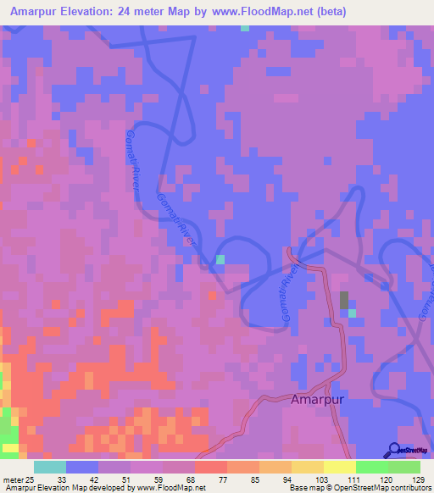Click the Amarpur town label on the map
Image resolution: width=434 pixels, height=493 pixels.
pos(318,398)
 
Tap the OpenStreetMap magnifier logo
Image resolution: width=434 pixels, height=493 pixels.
pos(394,451)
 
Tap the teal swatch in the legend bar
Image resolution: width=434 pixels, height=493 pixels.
pos(50,467)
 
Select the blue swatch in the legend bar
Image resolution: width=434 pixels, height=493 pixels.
pos(82,467)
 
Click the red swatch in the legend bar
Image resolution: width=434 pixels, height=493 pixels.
pos(210,467)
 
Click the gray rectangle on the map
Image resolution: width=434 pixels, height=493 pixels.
pos(344,300)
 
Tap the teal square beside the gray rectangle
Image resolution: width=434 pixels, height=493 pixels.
pos(351,313)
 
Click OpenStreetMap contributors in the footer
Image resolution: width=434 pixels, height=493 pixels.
pos(387,487)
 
